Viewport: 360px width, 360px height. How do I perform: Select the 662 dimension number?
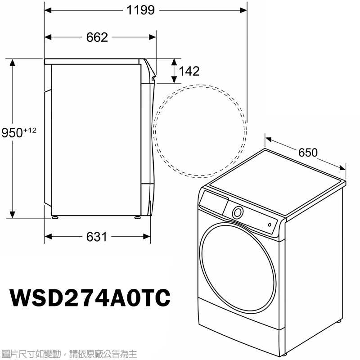(x=97, y=37)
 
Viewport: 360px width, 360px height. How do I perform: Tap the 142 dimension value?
(x=189, y=71)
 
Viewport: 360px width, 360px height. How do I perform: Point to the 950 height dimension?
(x=12, y=133)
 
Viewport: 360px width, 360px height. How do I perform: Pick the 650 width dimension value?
(x=308, y=153)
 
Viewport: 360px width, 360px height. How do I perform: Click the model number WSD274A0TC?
(x=90, y=297)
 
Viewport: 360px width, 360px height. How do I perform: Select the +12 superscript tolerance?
(x=29, y=130)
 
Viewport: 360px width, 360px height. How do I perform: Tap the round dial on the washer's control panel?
(x=238, y=212)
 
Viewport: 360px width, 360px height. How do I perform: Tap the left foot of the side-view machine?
(x=55, y=217)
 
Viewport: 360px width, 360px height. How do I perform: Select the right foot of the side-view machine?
(x=137, y=217)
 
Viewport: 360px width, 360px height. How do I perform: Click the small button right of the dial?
(x=270, y=224)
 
